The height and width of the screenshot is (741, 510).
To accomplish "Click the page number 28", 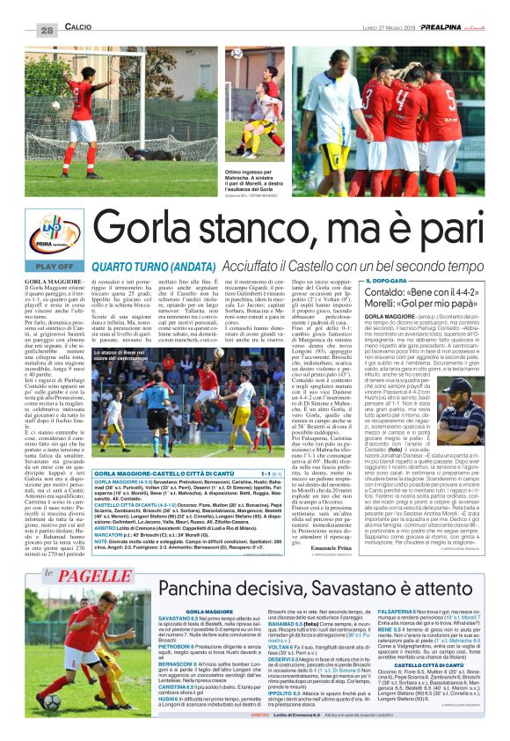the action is tap(46, 31).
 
